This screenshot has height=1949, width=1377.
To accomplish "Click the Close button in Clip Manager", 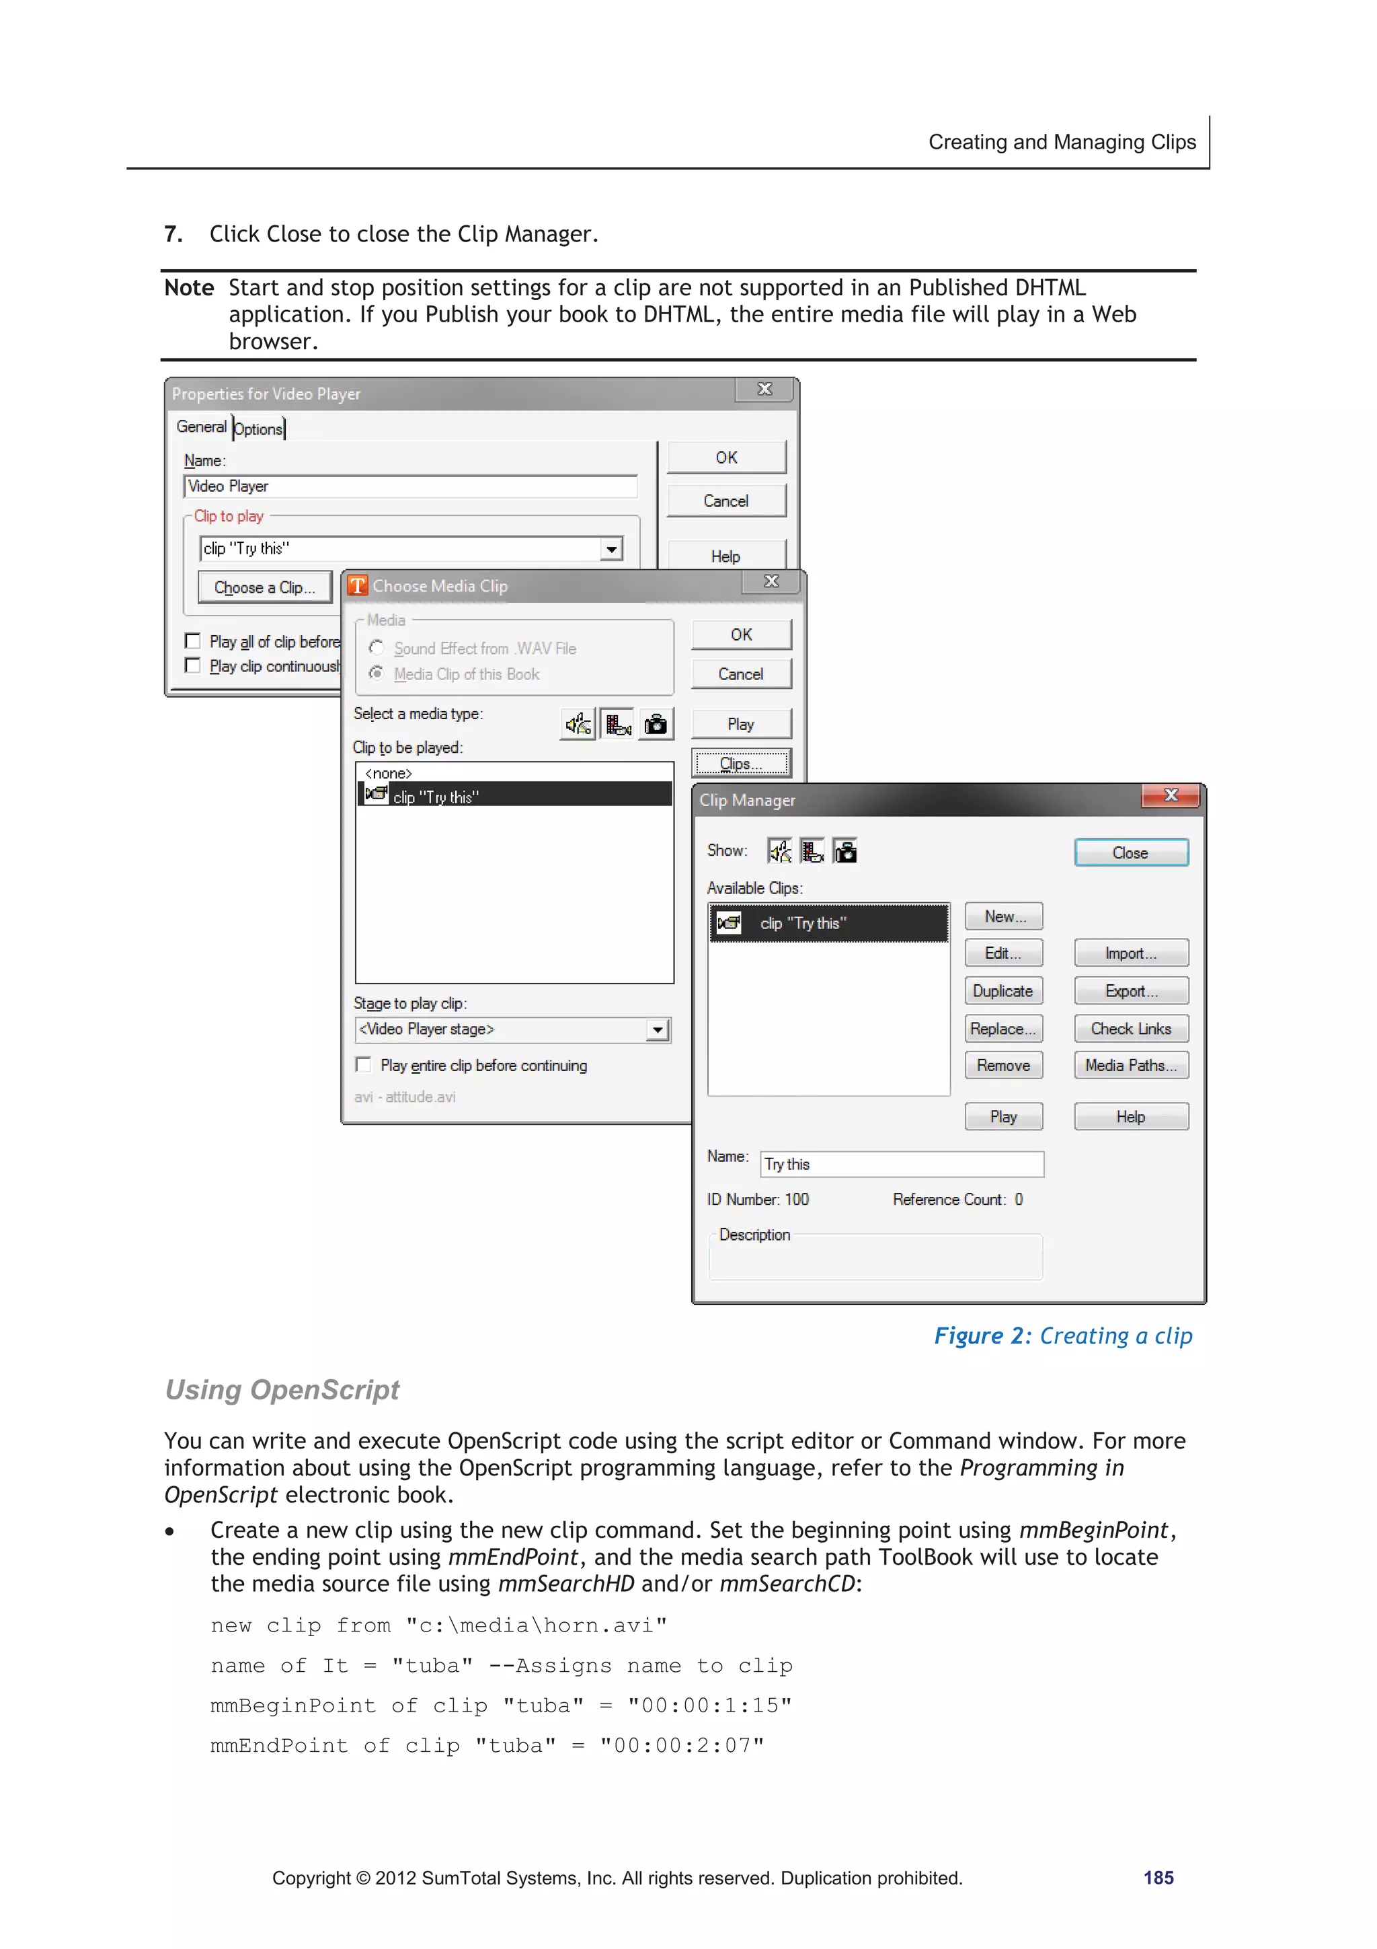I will [x=1130, y=852].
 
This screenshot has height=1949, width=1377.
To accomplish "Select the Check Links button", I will [x=1130, y=1028].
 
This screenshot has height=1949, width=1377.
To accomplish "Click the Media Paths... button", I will [x=1130, y=1066].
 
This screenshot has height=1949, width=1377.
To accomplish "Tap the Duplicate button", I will [x=1003, y=990].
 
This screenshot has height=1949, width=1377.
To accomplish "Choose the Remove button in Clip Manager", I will [x=1003, y=1066].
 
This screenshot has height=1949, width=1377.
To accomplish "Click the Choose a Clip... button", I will [x=264, y=587].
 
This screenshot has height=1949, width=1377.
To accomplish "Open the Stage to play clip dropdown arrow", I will [x=658, y=1030].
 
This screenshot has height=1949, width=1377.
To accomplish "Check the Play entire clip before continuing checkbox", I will [x=364, y=1064].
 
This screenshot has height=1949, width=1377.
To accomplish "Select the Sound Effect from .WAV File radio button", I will [x=377, y=648].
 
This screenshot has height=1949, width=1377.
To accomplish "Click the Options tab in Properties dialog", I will [x=259, y=429].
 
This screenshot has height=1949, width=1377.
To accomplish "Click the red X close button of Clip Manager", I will [x=1170, y=795].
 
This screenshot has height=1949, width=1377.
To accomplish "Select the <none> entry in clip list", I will [x=389, y=773].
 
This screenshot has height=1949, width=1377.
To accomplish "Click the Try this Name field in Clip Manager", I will [x=901, y=1164].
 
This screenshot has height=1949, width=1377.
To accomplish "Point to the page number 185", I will [x=1158, y=1878].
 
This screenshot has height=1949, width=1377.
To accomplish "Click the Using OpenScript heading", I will [x=282, y=1390].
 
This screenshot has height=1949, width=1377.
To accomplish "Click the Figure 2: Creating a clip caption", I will [x=1062, y=1335].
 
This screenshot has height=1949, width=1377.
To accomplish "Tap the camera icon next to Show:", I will [x=845, y=850].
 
